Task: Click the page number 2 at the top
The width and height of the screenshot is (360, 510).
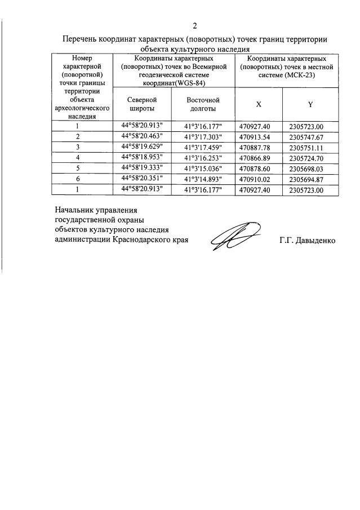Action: (195, 25)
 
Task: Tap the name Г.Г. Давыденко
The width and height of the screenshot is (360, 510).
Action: (307, 240)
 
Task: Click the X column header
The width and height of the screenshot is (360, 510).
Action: (259, 104)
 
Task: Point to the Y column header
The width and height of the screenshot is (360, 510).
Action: (310, 104)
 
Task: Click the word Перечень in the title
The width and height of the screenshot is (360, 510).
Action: (80, 39)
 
